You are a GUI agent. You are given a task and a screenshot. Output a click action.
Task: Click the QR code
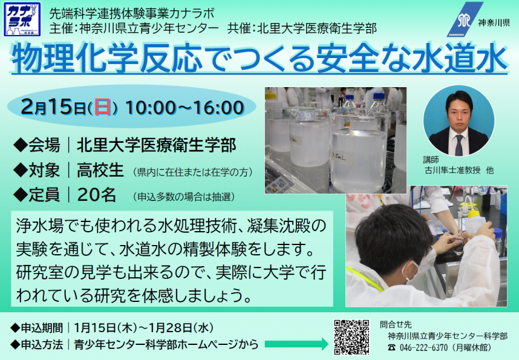[x=351, y=337]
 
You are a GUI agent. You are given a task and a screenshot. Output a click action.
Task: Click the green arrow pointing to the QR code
[x=296, y=344]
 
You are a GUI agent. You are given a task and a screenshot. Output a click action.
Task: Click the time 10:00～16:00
[x=184, y=108]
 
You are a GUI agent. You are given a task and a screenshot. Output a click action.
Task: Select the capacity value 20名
[x=96, y=195]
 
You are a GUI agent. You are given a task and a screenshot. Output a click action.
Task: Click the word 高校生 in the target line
[x=100, y=170]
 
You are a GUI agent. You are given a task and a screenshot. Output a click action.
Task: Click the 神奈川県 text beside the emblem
[x=494, y=22]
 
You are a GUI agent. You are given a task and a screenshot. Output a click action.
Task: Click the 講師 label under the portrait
[x=431, y=160]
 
